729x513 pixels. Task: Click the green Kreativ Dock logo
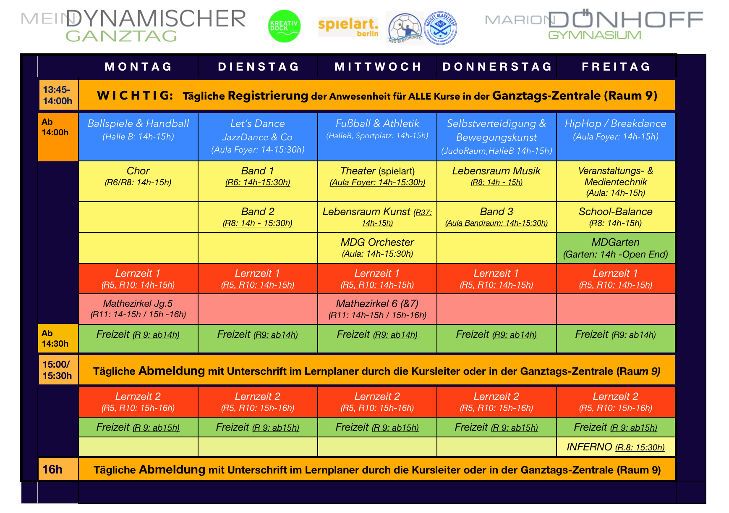tap(284, 26)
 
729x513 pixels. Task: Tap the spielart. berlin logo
tap(348, 27)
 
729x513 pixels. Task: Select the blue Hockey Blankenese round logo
tap(440, 28)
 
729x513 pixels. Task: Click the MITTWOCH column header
tap(378, 67)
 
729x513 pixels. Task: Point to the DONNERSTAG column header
tap(497, 67)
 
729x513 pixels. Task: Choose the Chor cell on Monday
tap(138, 181)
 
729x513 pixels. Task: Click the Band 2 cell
tap(258, 217)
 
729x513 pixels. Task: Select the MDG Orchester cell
tap(377, 248)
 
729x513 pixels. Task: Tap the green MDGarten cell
tap(616, 248)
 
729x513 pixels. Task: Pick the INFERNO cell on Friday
tap(616, 447)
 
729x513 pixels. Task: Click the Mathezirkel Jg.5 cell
tap(138, 309)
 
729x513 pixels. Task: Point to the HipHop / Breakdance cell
tap(616, 137)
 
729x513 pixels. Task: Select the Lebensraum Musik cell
tap(496, 181)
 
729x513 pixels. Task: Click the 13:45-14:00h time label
tap(58, 95)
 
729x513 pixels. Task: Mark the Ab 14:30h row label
tap(58, 338)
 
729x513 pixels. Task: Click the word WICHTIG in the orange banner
tap(135, 95)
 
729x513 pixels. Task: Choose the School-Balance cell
tap(616, 217)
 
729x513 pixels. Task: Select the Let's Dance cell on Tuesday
tap(258, 137)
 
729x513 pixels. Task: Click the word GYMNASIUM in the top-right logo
tap(595, 35)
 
